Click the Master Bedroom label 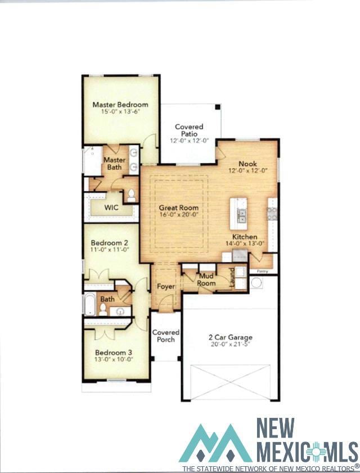pyautogui.click(x=120, y=105)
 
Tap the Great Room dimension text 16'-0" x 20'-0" pyautogui.click(x=179, y=214)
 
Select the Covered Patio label pyautogui.click(x=189, y=130)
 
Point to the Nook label pyautogui.click(x=247, y=164)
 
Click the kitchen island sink pyautogui.click(x=242, y=214)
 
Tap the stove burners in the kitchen pyautogui.click(x=272, y=214)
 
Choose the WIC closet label pyautogui.click(x=111, y=208)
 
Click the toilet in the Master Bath pyautogui.click(x=132, y=196)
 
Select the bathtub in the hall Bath pyautogui.click(x=89, y=303)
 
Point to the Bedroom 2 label pyautogui.click(x=110, y=243)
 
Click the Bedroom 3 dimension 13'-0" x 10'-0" pyautogui.click(x=114, y=359)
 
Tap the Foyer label pyautogui.click(x=166, y=286)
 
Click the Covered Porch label pyautogui.click(x=166, y=336)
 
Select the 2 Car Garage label pyautogui.click(x=230, y=337)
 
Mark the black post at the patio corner pyautogui.click(x=218, y=106)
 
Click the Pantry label pyautogui.click(x=262, y=271)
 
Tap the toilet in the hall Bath pyautogui.click(x=103, y=309)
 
